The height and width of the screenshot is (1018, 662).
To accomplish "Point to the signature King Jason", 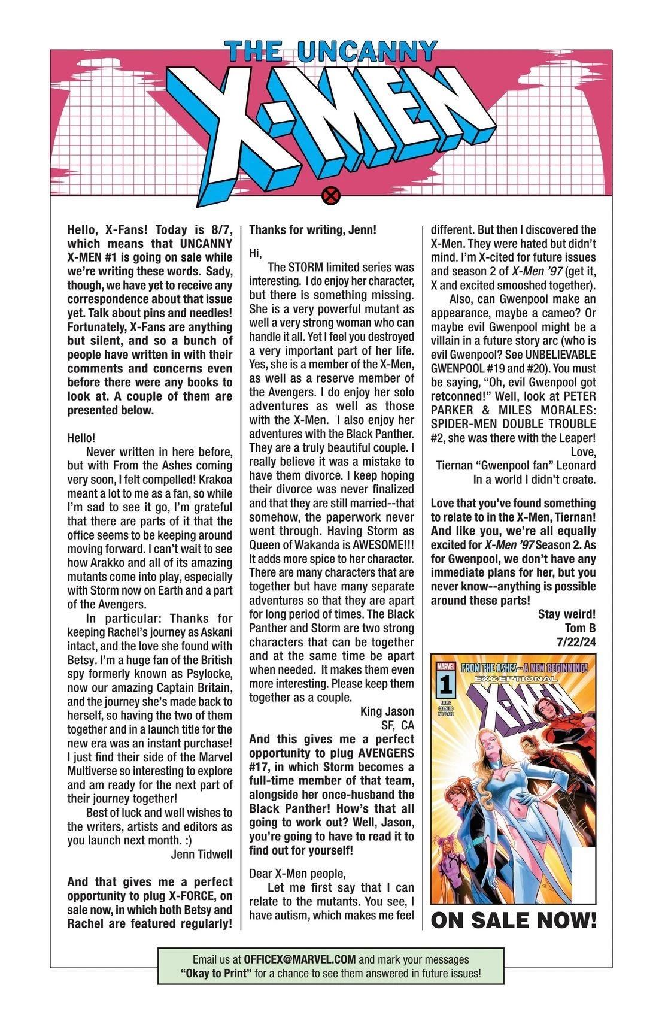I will (x=387, y=711).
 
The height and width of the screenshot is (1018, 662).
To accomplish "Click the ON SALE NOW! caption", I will (x=513, y=920).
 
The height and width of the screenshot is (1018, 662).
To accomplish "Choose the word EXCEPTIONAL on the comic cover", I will (x=514, y=678).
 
